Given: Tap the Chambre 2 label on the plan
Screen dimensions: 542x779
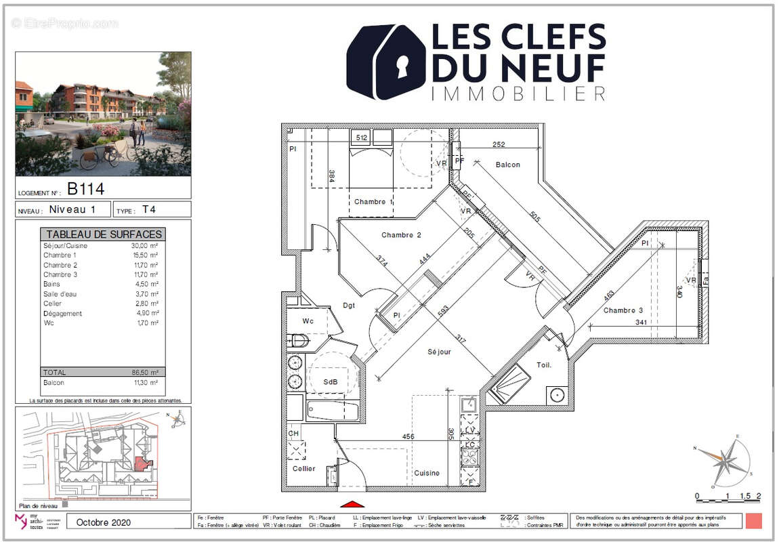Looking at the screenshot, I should pyautogui.click(x=401, y=235).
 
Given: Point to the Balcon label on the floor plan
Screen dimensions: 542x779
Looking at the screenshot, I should pyautogui.click(x=507, y=165).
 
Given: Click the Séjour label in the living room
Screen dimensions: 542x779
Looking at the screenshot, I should pyautogui.click(x=439, y=352).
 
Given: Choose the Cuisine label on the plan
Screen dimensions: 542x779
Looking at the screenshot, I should pyautogui.click(x=427, y=473).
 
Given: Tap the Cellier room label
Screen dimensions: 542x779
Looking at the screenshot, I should pyautogui.click(x=303, y=468).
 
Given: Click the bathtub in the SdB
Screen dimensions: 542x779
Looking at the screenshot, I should pyautogui.click(x=332, y=411).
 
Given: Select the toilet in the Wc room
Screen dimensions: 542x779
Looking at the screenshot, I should pyautogui.click(x=298, y=340).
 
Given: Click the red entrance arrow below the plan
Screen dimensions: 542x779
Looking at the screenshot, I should pyautogui.click(x=352, y=503).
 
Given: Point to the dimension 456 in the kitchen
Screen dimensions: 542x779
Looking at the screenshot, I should pyautogui.click(x=408, y=437).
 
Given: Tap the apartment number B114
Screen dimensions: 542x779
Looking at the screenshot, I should pyautogui.click(x=85, y=188).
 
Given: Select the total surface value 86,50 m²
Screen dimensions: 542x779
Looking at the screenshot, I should pyautogui.click(x=144, y=373).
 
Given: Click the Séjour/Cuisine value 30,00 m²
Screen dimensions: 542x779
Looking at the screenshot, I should pyautogui.click(x=144, y=246).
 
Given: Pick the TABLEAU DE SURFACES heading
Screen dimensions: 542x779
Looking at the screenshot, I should pyautogui.click(x=104, y=234).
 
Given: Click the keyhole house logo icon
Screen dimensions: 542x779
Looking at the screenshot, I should pyautogui.click(x=385, y=62).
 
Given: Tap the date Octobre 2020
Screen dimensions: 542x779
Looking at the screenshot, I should pyautogui.click(x=104, y=522).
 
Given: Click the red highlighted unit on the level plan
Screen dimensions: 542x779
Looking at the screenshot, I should pyautogui.click(x=141, y=463).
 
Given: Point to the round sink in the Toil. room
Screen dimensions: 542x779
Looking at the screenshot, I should pyautogui.click(x=557, y=394).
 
